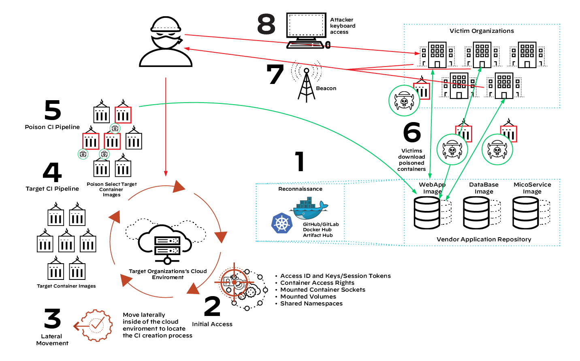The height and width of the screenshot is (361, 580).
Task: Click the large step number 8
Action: [266, 24]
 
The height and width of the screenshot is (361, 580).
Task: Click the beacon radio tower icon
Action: [306, 83]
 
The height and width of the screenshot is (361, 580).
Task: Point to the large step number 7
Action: [275, 75]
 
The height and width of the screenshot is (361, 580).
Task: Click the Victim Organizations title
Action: [482, 31]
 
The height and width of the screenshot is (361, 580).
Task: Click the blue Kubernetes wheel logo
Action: [281, 223]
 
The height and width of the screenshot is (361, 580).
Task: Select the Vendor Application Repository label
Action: [484, 239]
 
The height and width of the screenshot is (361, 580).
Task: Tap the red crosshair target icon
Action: [234, 281]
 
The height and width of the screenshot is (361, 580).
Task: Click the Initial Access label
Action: [212, 324]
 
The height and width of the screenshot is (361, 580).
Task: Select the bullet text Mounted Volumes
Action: [308, 297]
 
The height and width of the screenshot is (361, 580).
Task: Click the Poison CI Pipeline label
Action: [52, 127]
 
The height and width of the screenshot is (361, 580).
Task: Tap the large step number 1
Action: [299, 161]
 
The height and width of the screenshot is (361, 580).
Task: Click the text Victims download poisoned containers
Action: [412, 160]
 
